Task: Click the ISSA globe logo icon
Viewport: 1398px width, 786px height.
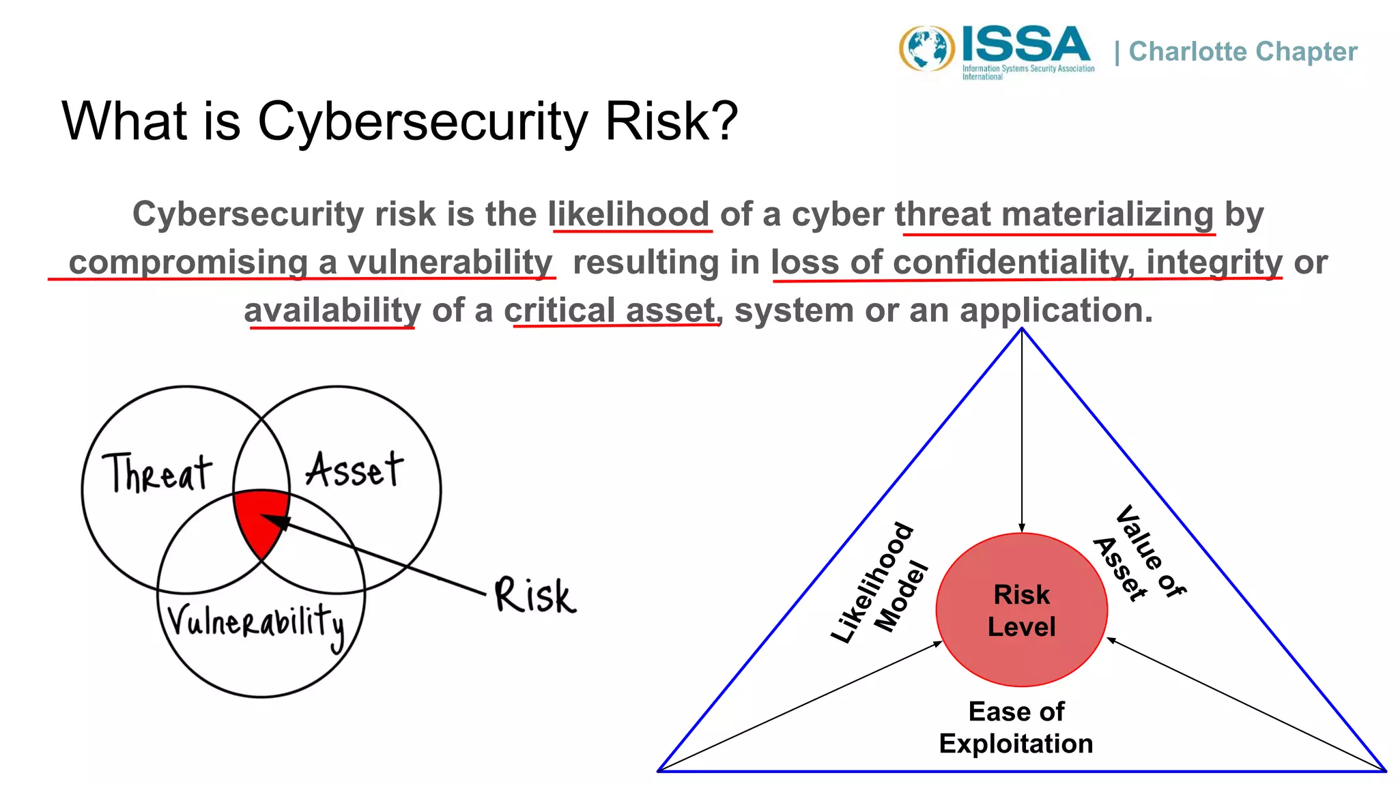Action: (x=926, y=48)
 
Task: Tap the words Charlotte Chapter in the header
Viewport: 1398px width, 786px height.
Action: (x=1242, y=52)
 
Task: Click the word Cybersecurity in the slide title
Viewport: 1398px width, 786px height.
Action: (x=422, y=121)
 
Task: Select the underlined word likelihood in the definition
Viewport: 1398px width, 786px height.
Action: (x=629, y=214)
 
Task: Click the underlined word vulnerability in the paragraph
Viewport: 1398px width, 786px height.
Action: (x=450, y=263)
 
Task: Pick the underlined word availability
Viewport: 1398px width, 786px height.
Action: (x=332, y=311)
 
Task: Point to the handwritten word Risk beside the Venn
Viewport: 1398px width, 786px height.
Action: (x=535, y=595)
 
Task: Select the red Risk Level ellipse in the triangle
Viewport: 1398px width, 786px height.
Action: (x=1021, y=610)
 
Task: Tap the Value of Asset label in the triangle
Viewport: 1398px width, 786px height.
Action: (x=1138, y=554)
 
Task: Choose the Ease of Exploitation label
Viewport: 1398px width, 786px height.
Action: (x=1016, y=727)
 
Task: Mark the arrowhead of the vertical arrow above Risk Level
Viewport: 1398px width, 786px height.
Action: (x=1022, y=528)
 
